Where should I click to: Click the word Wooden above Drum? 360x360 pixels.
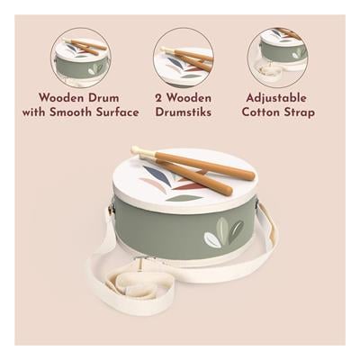point(64,98)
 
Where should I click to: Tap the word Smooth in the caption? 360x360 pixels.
point(70,112)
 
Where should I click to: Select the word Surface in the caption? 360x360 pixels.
point(118,112)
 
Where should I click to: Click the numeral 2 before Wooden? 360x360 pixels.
point(158,98)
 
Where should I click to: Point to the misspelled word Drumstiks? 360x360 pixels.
point(184,112)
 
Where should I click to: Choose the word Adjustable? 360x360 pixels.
point(276,98)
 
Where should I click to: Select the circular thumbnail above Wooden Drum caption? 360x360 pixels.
point(81,58)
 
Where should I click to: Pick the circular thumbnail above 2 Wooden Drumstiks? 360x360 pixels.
point(184,58)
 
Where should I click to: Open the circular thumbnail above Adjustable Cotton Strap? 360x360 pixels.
point(278,58)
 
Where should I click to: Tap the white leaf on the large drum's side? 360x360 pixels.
point(212,239)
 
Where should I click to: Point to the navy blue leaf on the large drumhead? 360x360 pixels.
point(154,173)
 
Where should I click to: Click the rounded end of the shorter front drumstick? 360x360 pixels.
point(227,190)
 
